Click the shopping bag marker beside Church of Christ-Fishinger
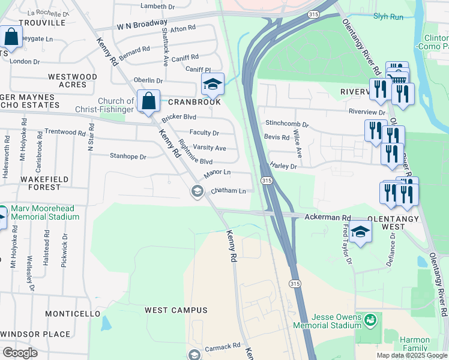coord(148,100)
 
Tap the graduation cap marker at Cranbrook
coord(212,84)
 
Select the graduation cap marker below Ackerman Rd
coord(360,232)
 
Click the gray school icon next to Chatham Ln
coord(196,191)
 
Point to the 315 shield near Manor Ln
coord(268,181)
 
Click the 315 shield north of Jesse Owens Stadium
coord(294,283)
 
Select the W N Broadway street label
coord(142,25)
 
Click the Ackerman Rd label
coord(328,217)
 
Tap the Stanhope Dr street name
coord(128,157)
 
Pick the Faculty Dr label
coord(203,133)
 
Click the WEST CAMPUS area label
coord(176,310)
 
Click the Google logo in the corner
coord(20,353)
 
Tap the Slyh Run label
coord(388,17)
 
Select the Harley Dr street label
coord(283,166)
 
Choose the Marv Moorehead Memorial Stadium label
coord(45,213)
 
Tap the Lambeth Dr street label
coord(157,6)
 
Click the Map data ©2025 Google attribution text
coord(412,355)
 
